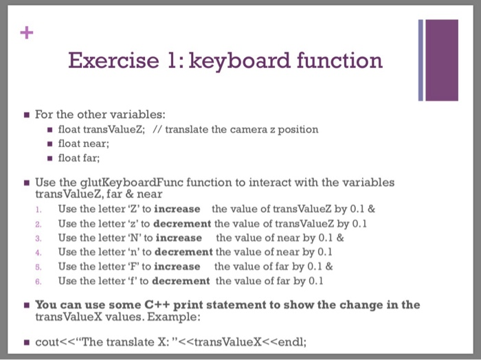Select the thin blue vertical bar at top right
(x=421, y=60)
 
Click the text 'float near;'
(x=84, y=144)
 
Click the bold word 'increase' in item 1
(x=177, y=209)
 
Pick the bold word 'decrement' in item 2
(x=181, y=223)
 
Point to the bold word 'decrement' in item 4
(x=183, y=252)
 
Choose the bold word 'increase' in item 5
(x=177, y=267)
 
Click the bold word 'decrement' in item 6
(x=181, y=281)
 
